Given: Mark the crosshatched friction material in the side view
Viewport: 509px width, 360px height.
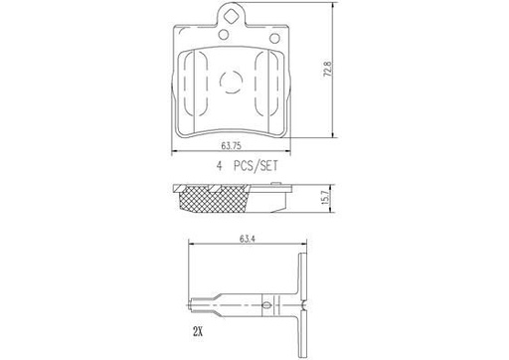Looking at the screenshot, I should [213, 203].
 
